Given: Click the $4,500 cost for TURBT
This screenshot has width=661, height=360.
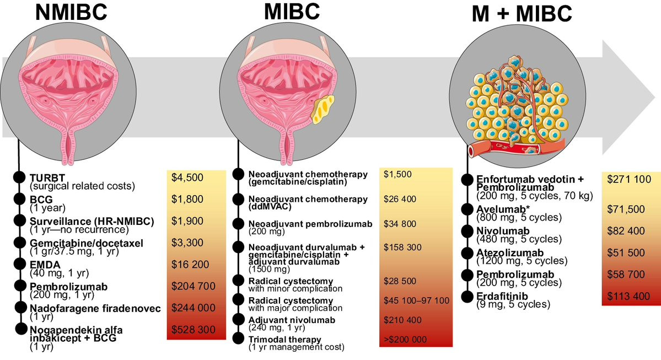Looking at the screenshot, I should (x=187, y=178).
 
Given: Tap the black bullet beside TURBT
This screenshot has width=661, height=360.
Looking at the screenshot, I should (x=19, y=177).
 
